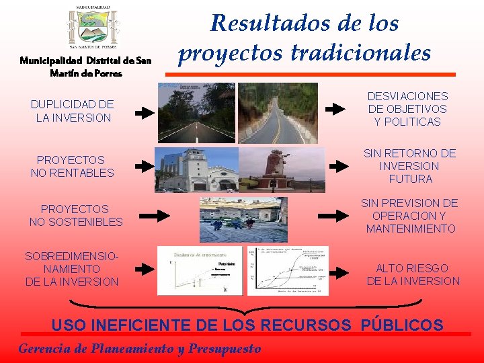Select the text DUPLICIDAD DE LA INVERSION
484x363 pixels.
(73, 111)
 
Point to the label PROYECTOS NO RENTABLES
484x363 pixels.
(72, 166)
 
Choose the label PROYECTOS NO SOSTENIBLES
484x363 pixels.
(76, 215)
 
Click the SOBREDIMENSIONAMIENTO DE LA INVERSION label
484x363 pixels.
(71, 269)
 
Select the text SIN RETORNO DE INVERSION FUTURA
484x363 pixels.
(409, 166)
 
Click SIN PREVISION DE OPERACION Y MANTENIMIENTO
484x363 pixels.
(409, 216)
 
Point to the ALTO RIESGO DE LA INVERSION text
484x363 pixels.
(413, 274)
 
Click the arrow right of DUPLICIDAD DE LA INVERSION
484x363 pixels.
(144, 113)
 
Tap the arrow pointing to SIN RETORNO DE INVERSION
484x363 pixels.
(338, 166)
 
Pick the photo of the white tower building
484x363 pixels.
(196, 169)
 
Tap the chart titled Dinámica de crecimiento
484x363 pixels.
(200, 270)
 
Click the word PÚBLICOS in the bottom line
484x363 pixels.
(402, 325)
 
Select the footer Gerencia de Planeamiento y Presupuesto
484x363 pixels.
(139, 348)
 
